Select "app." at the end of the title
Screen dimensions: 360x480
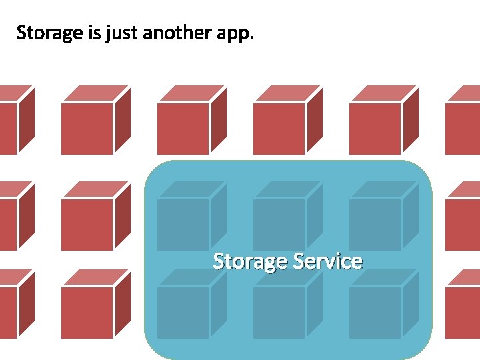tap(236, 33)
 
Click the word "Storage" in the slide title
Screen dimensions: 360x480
tap(50, 33)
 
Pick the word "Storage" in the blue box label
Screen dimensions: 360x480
tap(249, 261)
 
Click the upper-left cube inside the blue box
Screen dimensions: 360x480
tap(187, 220)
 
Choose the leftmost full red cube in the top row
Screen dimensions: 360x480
tap(91, 124)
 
